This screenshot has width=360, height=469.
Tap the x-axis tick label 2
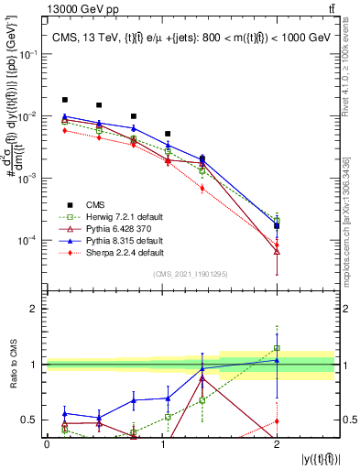coord(278,443)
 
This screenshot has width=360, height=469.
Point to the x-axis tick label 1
coord(163,443)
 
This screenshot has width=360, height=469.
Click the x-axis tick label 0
coord(48,443)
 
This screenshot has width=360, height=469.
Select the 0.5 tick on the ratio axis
coord(33,420)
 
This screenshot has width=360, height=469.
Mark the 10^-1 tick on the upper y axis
coord(31,54)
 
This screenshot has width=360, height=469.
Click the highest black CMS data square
coord(65,100)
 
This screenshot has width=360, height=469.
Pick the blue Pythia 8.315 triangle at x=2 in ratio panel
coord(277,360)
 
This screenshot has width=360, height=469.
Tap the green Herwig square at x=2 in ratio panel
coord(277,348)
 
